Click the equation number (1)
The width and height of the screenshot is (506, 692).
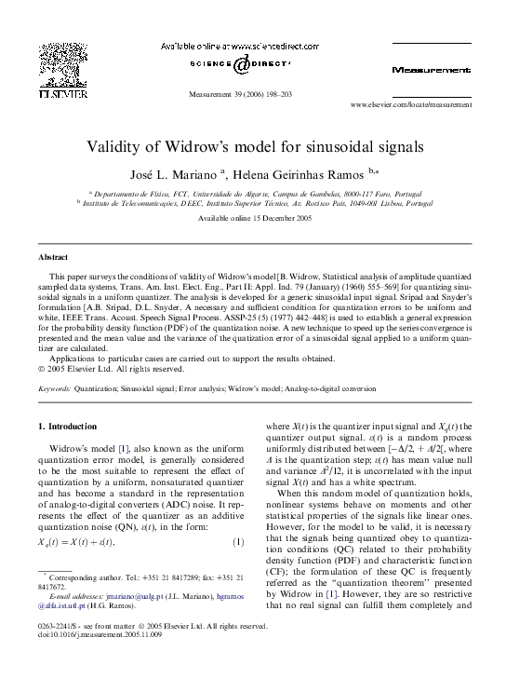coord(237,541)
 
